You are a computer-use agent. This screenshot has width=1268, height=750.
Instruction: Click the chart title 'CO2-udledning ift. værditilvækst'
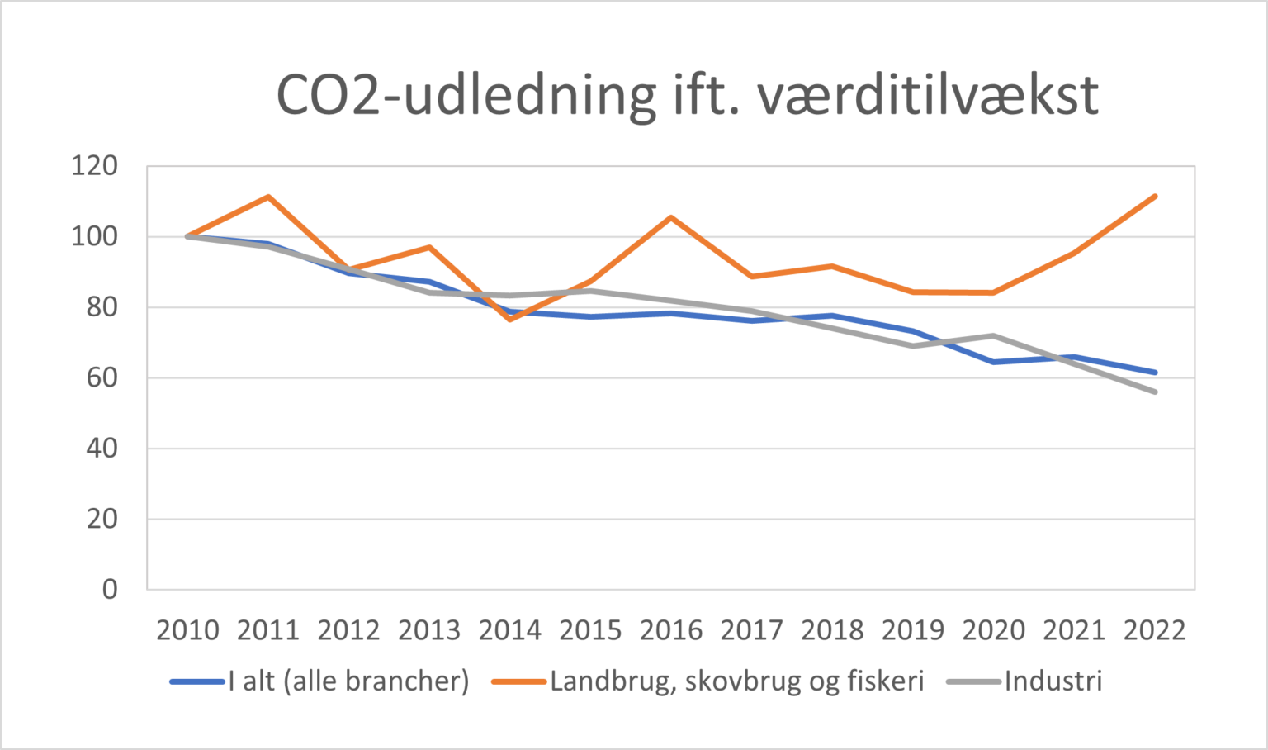pos(687,95)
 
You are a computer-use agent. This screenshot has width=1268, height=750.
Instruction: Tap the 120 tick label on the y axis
pos(94,166)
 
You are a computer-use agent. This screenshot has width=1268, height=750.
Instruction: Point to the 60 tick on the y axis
pos(102,378)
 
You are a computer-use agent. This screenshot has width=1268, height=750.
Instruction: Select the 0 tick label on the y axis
pos(110,590)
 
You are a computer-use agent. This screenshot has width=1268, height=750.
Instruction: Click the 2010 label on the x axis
pos(187,631)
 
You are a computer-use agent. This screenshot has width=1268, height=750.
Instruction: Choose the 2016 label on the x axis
pos(671,631)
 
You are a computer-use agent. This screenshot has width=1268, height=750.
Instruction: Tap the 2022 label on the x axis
pos(1155,631)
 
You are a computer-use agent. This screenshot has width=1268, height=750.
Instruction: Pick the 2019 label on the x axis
pos(913,631)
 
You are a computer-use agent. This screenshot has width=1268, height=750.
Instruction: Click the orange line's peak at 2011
pos(268,197)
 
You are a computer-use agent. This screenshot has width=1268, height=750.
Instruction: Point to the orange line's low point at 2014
pos(510,319)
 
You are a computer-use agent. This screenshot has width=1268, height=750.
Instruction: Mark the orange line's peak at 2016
pos(671,217)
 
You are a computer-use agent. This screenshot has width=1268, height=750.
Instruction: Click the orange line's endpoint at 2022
pos(1155,196)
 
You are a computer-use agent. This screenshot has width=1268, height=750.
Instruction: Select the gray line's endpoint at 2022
pos(1155,392)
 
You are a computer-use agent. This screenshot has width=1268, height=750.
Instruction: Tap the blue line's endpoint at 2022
pos(1155,373)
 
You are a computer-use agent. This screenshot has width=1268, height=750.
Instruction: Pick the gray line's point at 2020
pos(994,335)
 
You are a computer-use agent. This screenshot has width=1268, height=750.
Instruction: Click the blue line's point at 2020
pos(994,362)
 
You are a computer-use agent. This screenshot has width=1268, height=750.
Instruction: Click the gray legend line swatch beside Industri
pos(974,682)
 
